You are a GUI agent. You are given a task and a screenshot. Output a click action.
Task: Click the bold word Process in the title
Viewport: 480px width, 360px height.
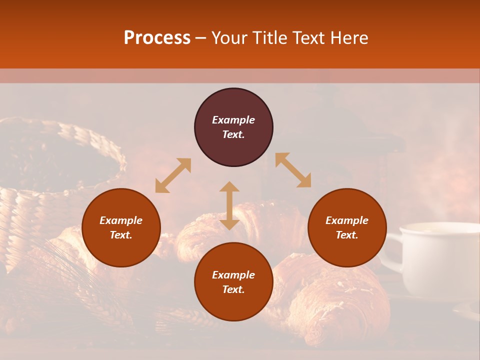pyautogui.click(x=157, y=38)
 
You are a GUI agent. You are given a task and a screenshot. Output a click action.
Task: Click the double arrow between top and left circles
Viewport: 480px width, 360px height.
pyautogui.click(x=173, y=175)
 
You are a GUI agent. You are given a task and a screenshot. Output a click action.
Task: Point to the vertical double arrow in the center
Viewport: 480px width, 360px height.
pyautogui.click(x=229, y=205)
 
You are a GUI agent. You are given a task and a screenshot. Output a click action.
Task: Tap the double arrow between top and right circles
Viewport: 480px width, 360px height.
pyautogui.click(x=293, y=170)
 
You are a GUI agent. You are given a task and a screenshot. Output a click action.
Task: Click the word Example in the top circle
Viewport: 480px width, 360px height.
pyautogui.click(x=233, y=120)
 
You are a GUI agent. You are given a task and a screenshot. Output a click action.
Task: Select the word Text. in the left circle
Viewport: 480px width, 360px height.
pyautogui.click(x=121, y=235)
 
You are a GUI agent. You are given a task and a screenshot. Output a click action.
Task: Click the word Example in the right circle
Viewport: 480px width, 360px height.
pyautogui.click(x=347, y=220)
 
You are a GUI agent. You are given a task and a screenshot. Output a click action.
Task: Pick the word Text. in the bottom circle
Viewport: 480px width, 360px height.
pyautogui.click(x=233, y=289)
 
